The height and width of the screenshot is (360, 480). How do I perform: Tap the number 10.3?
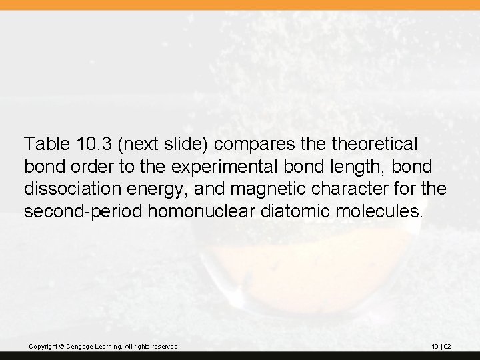[x=87, y=143]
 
